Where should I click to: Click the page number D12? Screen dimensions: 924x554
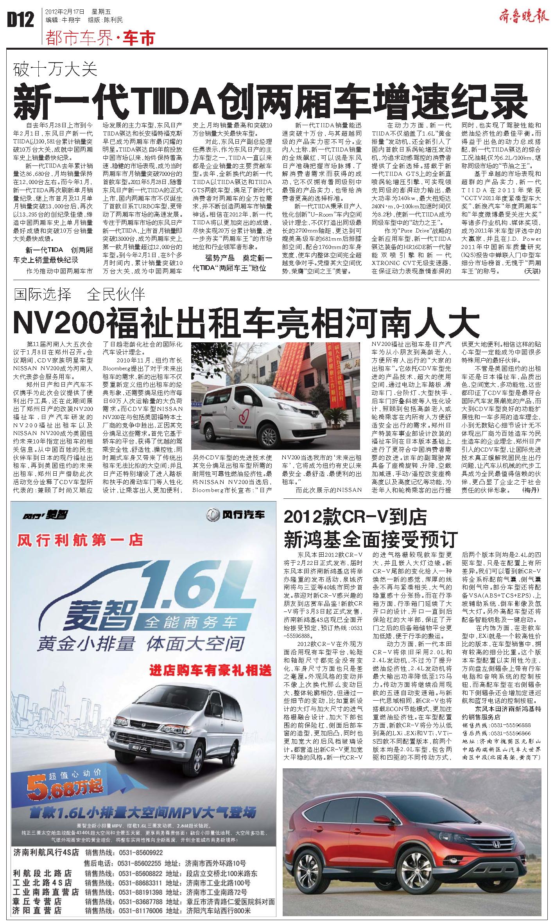[x=20, y=20]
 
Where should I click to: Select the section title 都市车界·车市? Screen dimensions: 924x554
[x=100, y=38]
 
